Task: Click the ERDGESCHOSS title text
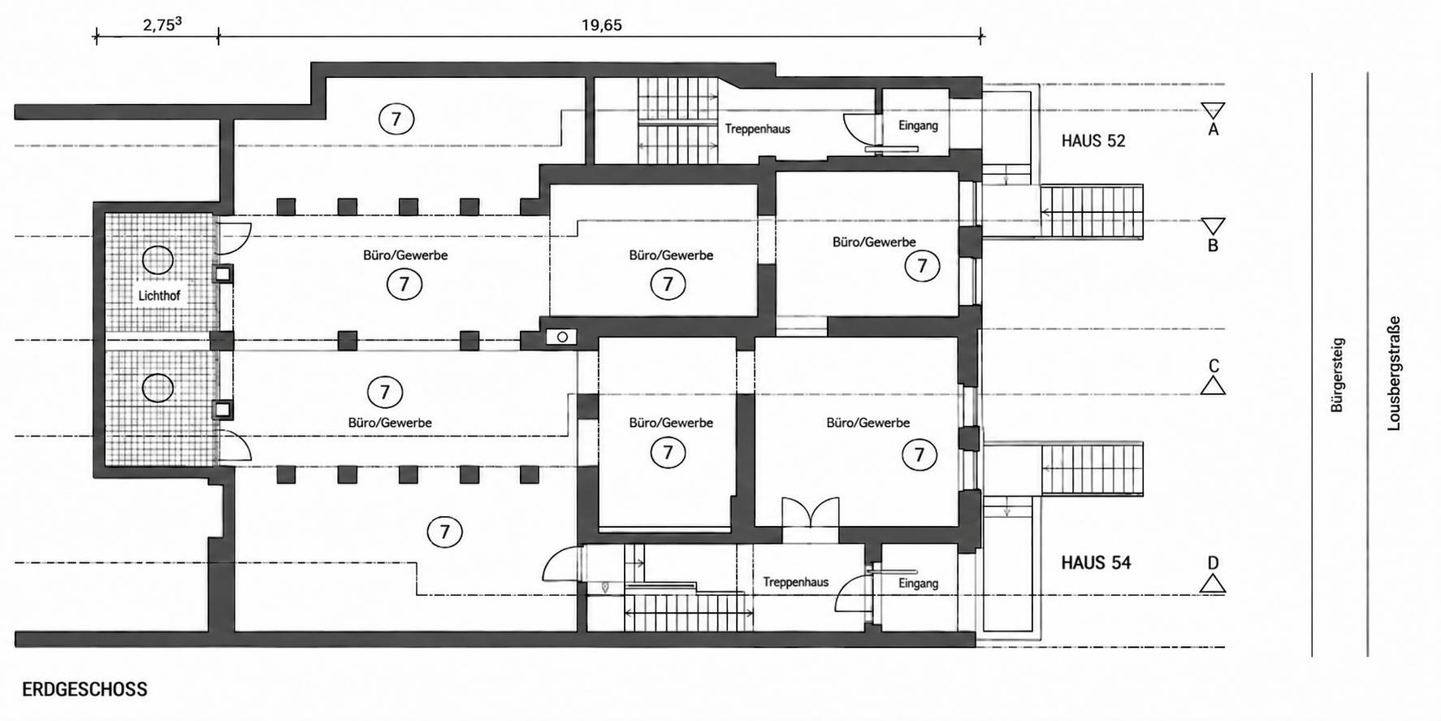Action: point(84,689)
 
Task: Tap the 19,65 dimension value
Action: point(601,25)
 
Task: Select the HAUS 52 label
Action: point(1093,141)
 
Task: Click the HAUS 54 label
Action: point(1096,562)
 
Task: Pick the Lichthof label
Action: point(159,296)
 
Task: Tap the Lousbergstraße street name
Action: point(1394,373)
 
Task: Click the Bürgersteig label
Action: point(1337,375)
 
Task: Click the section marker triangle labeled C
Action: point(1213,386)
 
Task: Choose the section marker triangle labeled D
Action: point(1213,583)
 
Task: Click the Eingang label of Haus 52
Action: point(918,125)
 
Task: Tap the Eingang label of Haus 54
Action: point(918,583)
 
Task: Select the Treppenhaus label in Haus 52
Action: point(757,128)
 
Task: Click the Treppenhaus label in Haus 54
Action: point(796,582)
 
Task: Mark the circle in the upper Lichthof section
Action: point(158,260)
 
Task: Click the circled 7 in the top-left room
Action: point(396,119)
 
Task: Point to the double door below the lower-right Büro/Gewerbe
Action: point(810,514)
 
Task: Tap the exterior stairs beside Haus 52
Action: point(1092,212)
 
